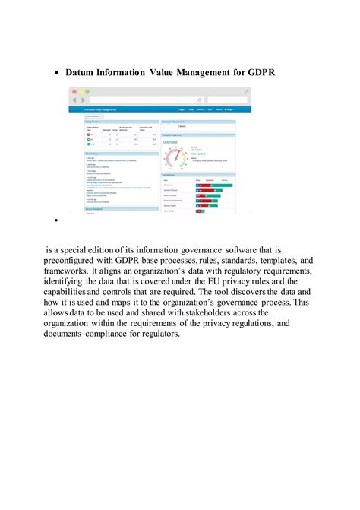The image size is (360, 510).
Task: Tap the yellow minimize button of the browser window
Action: click(81, 91)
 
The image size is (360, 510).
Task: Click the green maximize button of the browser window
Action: click(87, 91)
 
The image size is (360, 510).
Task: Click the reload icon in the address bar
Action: click(200, 100)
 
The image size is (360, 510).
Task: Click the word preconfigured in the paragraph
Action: click(85, 259)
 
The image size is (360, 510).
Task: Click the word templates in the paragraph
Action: click(275, 259)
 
